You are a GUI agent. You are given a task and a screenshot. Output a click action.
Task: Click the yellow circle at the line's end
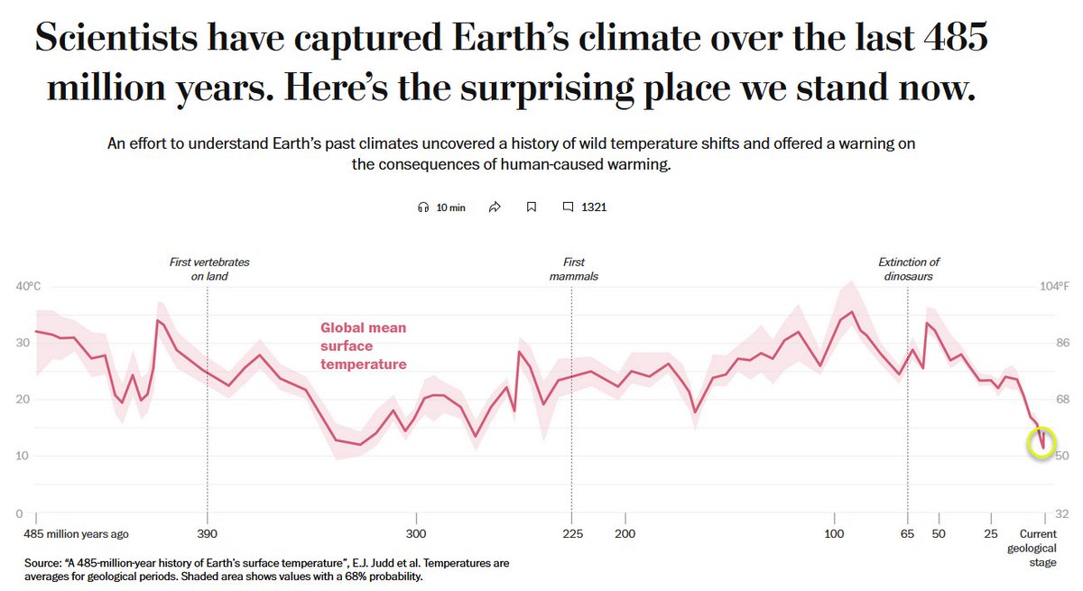tap(1041, 442)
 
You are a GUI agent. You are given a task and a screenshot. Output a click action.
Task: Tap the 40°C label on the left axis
tap(29, 287)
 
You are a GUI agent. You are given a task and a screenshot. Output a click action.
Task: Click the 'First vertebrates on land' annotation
tap(209, 269)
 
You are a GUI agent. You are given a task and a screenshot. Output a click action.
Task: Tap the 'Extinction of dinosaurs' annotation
tap(909, 269)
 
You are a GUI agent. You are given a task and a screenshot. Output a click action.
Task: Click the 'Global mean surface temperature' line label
tap(363, 346)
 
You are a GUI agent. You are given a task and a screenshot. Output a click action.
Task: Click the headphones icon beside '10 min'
tap(423, 207)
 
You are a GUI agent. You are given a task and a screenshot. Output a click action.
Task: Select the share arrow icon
tap(495, 207)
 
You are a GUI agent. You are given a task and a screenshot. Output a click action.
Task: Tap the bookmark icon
tap(532, 207)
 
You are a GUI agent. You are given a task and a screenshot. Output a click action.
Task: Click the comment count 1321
tap(593, 207)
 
